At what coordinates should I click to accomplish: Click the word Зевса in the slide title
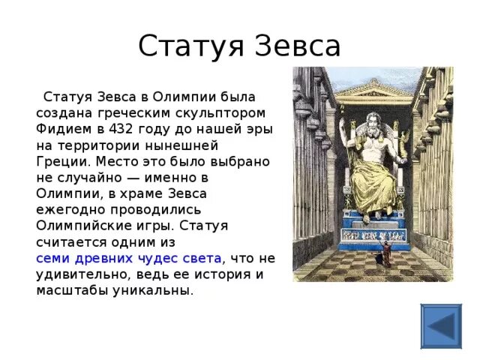295,47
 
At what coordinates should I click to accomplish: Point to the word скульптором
224,112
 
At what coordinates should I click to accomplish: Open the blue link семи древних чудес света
129,258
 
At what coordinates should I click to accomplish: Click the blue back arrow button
441,325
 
